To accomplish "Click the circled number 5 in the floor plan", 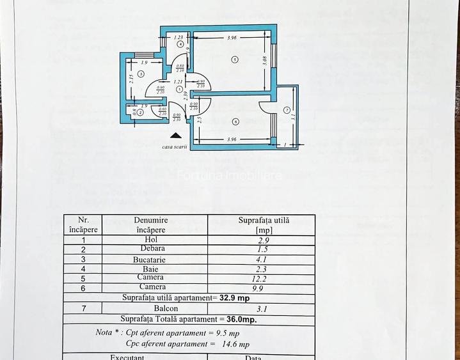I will tap(235, 59).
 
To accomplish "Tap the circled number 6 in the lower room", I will tap(235, 121).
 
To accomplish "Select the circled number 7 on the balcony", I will tap(287, 109).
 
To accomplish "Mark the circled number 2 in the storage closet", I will tap(140, 113).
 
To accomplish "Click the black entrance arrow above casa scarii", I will tap(175, 135).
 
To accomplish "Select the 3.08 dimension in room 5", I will tap(265, 62).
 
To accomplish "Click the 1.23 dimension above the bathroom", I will tap(179, 37).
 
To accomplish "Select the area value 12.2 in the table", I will tap(262, 279).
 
